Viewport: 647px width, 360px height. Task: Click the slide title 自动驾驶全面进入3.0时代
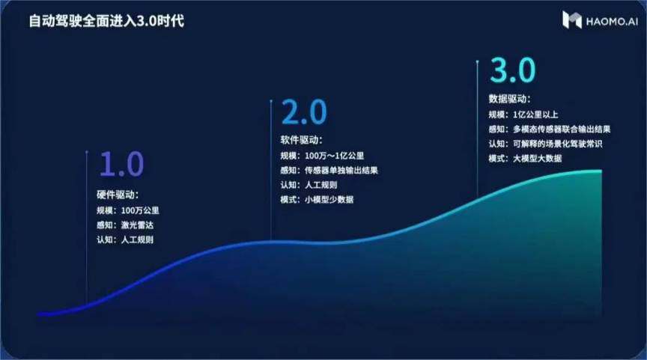tap(106, 21)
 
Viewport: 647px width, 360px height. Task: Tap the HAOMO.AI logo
tap(601, 20)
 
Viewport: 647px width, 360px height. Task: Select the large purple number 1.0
tap(122, 164)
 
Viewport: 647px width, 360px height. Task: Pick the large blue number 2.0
tap(304, 112)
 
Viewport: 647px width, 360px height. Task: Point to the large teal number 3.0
tap(512, 70)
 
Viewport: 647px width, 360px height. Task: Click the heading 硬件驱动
tap(118, 195)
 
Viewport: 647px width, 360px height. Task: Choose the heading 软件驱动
tap(301, 140)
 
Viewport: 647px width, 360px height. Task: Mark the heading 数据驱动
tap(510, 99)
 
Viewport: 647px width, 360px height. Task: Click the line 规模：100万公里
tap(128, 211)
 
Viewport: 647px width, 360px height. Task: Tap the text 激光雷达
tap(137, 225)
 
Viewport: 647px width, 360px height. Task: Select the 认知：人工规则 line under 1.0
tap(125, 240)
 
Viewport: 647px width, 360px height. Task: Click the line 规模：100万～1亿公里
tap(322, 156)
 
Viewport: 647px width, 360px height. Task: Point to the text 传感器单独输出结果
tap(341, 171)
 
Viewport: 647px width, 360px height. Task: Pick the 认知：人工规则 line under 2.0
tap(309, 185)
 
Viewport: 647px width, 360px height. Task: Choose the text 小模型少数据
tap(329, 200)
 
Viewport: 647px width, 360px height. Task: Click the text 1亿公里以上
tap(535, 115)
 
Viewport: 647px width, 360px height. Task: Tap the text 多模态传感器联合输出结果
tap(562, 129)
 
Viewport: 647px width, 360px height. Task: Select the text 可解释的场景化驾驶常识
tap(557, 144)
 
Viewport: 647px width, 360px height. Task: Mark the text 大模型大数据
tap(537, 159)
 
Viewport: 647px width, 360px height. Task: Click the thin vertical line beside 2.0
tap(271, 170)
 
